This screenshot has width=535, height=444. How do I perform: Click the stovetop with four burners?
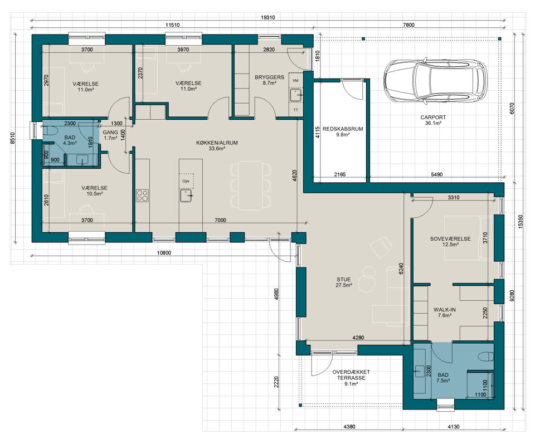coord(142,196)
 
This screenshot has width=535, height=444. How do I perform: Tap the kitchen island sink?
coord(186,196)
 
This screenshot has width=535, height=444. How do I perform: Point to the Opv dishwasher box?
coord(186,181)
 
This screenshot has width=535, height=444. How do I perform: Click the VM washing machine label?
coord(295,80)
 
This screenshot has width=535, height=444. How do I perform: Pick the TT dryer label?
coord(295,110)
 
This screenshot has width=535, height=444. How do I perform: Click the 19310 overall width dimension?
coord(268,17)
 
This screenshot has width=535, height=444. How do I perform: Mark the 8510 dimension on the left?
coord(13,138)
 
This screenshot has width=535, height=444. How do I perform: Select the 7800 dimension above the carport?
coord(408,25)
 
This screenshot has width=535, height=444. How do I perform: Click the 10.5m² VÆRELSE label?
coord(95,191)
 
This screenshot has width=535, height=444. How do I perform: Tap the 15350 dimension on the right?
coord(521,221)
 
